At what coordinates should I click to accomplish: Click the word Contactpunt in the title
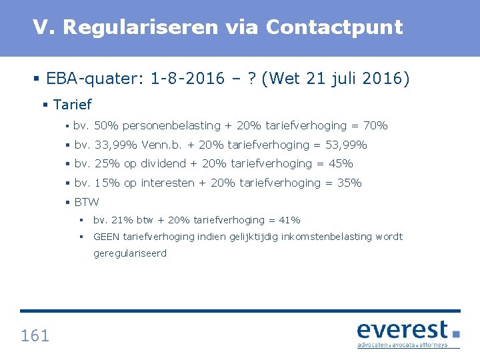pyautogui.click(x=334, y=27)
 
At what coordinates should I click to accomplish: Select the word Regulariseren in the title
pyautogui.click(x=141, y=27)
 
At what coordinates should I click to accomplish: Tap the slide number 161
pyautogui.click(x=35, y=335)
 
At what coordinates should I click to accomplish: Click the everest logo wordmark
pyautogui.click(x=403, y=330)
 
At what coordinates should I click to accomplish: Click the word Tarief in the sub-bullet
pyautogui.click(x=72, y=105)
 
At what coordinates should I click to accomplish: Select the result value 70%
pyautogui.click(x=375, y=125)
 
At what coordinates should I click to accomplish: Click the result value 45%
pyautogui.click(x=341, y=163)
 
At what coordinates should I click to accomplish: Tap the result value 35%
pyautogui.click(x=349, y=183)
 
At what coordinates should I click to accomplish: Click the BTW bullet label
pyautogui.click(x=87, y=202)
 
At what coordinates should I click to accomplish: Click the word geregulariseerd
pyautogui.click(x=130, y=254)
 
